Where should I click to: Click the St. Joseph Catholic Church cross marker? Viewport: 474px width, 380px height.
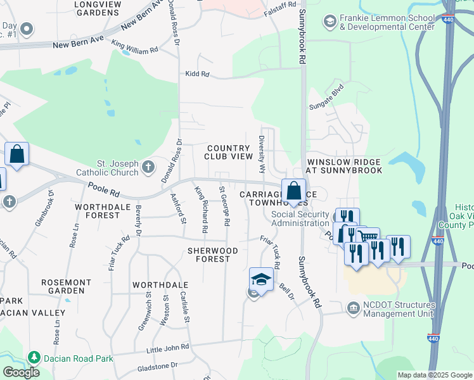point(148,167)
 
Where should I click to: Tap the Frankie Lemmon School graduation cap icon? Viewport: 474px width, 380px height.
point(330,23)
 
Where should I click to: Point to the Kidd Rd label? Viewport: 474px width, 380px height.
point(197,74)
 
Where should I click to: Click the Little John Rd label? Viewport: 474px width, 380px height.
point(167,348)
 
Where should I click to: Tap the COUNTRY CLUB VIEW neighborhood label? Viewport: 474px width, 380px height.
point(229,151)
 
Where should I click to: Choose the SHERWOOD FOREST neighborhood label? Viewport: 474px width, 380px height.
point(212,255)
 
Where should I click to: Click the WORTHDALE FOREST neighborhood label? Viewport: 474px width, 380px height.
point(98,211)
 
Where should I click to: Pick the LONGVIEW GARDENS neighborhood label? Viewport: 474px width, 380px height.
point(98,8)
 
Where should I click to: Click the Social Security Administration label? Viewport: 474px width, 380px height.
point(301,218)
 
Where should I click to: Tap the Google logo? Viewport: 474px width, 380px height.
point(21,372)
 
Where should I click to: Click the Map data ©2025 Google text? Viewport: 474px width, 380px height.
point(435,375)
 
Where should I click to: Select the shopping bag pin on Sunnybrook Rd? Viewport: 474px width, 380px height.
point(294,190)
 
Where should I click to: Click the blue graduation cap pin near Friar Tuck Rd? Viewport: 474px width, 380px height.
point(261,278)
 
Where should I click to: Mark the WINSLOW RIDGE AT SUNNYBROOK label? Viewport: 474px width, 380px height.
point(345,166)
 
